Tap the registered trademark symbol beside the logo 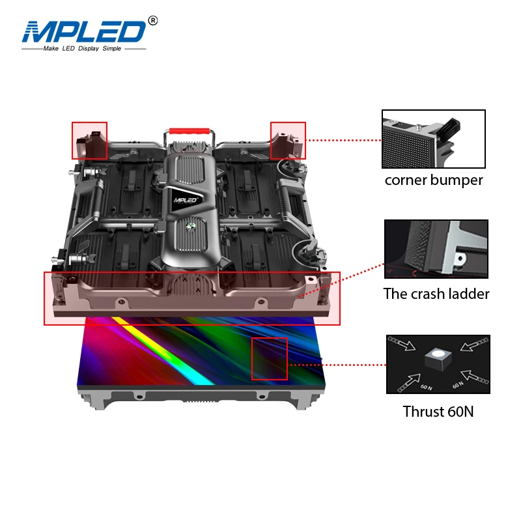pos(153,21)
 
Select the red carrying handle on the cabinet pos(189,131)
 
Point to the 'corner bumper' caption pos(434,180)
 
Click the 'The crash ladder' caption pos(436,294)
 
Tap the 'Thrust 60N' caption pos(438,412)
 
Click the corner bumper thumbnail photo pos(434,139)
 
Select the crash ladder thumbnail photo pos(436,249)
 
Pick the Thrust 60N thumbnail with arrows pos(438,365)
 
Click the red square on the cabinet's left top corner pos(90,140)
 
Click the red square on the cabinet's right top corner pos(288,140)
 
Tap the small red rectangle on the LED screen pos(270,358)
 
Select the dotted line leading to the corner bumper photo pos(343,140)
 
